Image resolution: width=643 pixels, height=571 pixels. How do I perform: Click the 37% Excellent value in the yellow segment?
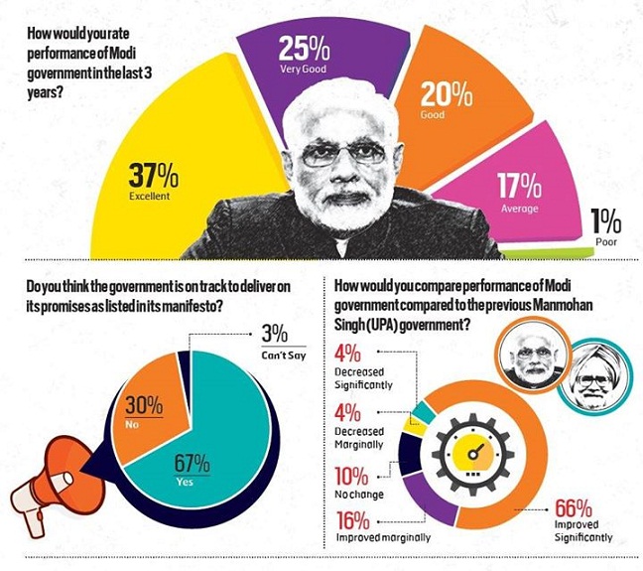pos(152,181)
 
